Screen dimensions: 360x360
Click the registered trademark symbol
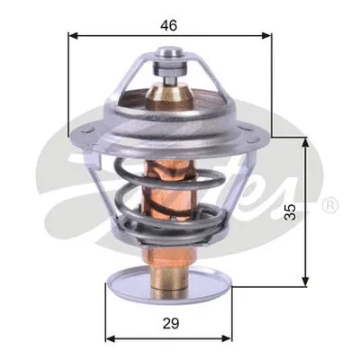[x=329, y=206]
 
